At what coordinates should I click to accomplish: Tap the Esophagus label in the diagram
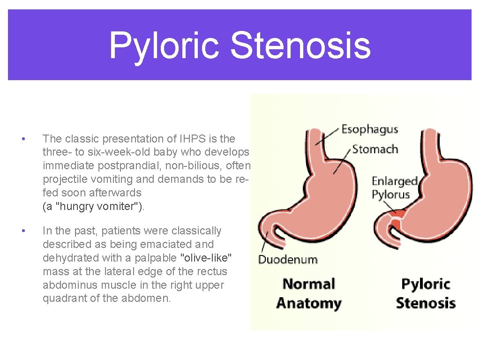point(369,129)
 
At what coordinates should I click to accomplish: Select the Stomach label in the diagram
point(375,150)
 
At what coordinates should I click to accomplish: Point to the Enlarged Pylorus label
point(394,187)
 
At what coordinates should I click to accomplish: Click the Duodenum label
point(288,259)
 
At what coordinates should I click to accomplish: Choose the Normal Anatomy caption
point(309,293)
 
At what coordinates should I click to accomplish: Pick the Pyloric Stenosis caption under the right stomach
point(426,293)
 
